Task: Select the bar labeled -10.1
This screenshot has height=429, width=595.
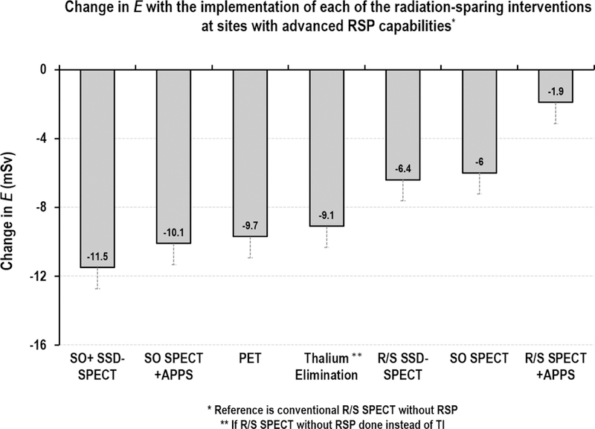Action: coord(173,156)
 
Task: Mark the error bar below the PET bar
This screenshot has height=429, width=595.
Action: coord(250,248)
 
